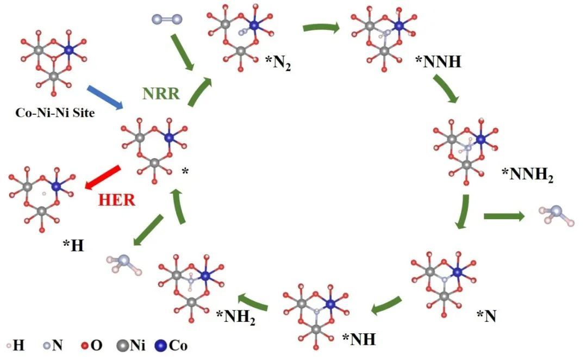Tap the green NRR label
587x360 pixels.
[161, 94]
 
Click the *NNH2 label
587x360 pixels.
[527, 175]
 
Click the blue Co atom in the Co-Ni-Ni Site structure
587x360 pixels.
[68, 50]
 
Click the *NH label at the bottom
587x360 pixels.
[359, 339]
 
